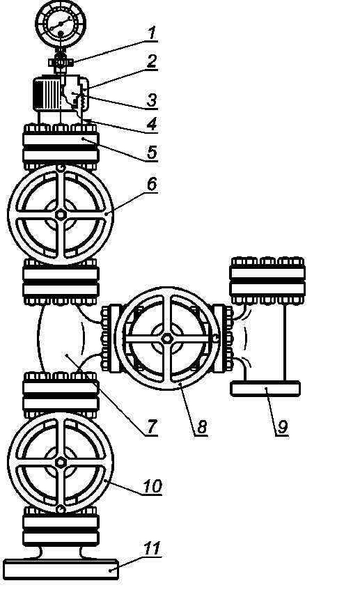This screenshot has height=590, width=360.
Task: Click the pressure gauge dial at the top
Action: (x=61, y=22)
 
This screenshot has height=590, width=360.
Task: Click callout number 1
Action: (x=152, y=33)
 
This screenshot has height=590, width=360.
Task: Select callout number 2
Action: (x=152, y=61)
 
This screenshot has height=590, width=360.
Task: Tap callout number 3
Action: (x=152, y=100)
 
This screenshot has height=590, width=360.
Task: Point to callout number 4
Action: (x=152, y=124)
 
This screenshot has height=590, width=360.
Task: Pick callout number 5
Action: (x=152, y=153)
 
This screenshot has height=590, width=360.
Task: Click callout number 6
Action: (x=152, y=185)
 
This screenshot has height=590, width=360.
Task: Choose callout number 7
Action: (x=152, y=426)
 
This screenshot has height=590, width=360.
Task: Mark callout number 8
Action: (x=202, y=426)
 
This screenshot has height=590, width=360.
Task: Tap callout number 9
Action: (x=282, y=426)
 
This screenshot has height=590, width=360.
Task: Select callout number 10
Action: (x=152, y=486)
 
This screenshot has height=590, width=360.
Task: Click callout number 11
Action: (x=152, y=548)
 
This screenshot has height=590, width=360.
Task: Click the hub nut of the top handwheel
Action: (x=61, y=215)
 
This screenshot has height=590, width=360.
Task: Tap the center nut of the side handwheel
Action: (x=167, y=339)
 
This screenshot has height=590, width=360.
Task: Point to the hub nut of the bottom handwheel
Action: (x=61, y=462)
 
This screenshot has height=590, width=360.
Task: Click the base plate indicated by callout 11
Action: (x=61, y=569)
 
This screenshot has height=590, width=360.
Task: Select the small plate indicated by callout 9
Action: (x=265, y=389)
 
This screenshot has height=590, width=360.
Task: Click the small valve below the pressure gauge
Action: (x=60, y=62)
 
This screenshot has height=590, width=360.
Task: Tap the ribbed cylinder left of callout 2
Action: (x=47, y=93)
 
